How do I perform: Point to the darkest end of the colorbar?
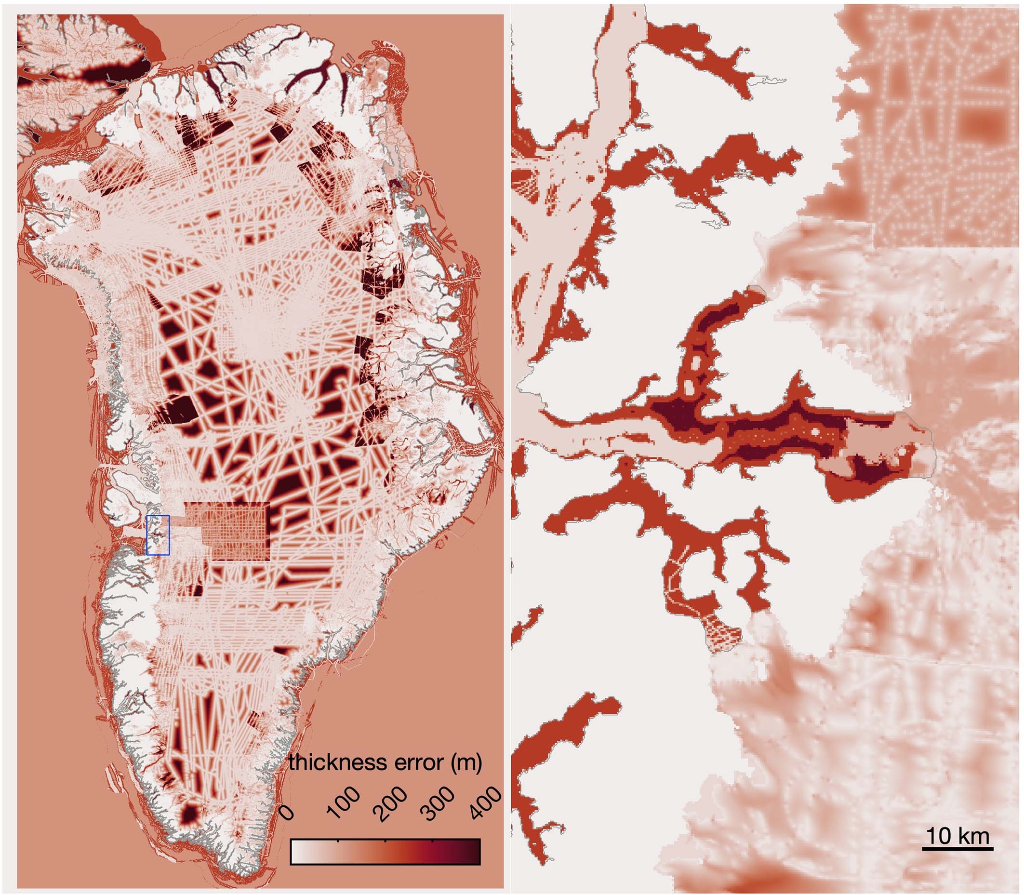(x=474, y=851)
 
